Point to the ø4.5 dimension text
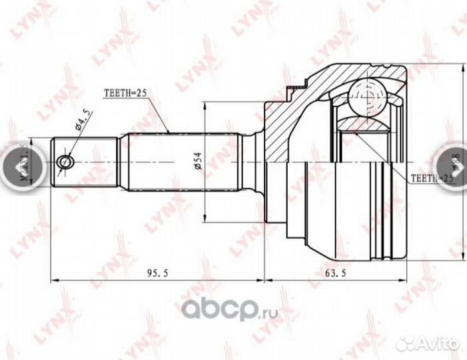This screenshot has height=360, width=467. pyautogui.click(x=83, y=123)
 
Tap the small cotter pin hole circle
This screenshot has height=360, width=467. pyautogui.click(x=65, y=162)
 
